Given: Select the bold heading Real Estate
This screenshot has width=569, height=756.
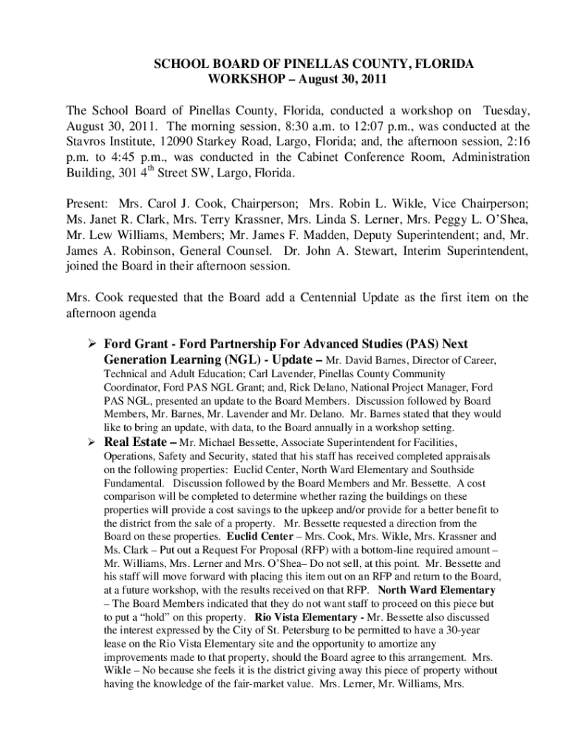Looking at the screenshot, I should (134, 443).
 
